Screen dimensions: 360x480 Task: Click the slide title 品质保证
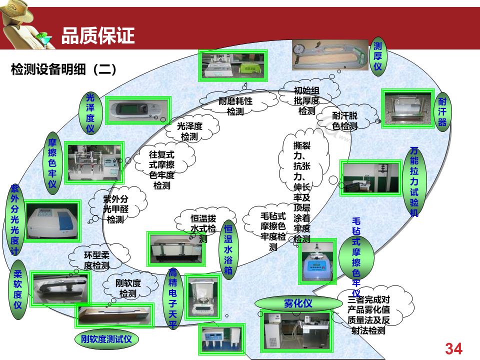[98, 36]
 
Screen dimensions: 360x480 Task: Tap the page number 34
[453, 348]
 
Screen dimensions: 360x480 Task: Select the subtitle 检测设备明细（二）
[63, 69]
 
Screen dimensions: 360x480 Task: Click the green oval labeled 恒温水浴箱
[228, 248]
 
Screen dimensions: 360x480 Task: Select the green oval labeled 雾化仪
[298, 303]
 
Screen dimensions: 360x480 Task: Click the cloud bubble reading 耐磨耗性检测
[235, 105]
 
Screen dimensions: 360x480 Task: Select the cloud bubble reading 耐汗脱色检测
[345, 120]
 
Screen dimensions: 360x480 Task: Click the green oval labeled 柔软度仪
[18, 289]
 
